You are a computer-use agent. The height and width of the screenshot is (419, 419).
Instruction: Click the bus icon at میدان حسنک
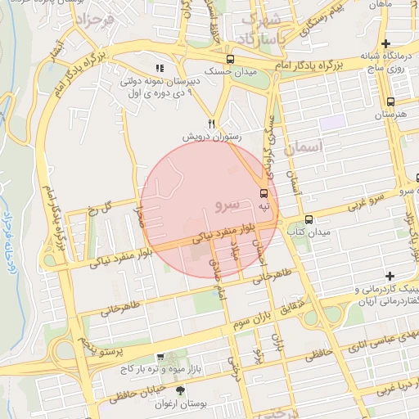point(230,59)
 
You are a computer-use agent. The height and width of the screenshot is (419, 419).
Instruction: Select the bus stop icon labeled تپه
point(264,194)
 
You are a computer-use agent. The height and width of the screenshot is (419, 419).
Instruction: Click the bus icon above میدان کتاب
point(309,219)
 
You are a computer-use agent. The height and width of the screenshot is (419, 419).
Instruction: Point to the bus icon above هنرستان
point(390,102)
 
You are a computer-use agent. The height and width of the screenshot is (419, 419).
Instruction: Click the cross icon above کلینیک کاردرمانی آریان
point(390,276)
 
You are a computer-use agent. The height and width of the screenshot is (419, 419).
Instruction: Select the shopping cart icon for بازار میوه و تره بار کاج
point(160,357)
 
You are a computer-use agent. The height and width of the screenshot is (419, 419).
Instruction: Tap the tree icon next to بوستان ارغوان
point(181,390)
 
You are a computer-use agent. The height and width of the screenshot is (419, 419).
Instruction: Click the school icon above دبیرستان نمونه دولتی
point(160,68)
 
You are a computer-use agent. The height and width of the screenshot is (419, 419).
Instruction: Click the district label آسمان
point(305,147)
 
